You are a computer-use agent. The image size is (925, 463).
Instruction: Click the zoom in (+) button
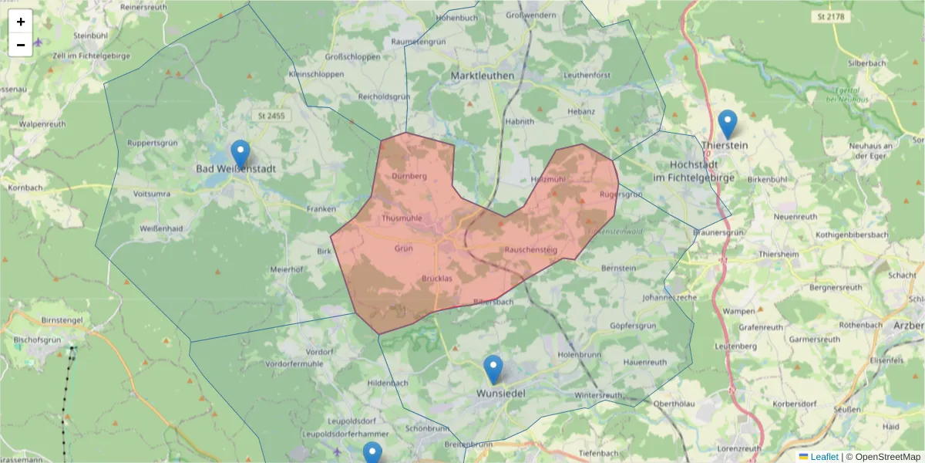[x=21, y=22]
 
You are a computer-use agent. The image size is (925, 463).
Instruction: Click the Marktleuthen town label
[x=483, y=75]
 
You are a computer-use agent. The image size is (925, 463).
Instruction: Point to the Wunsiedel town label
[x=501, y=393]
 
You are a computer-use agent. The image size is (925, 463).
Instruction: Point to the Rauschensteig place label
[x=530, y=250]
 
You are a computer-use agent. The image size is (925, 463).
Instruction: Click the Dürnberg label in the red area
[x=409, y=176]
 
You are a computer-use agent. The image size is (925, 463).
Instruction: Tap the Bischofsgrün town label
[x=38, y=339]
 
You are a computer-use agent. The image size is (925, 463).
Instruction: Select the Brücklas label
[x=437, y=278]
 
